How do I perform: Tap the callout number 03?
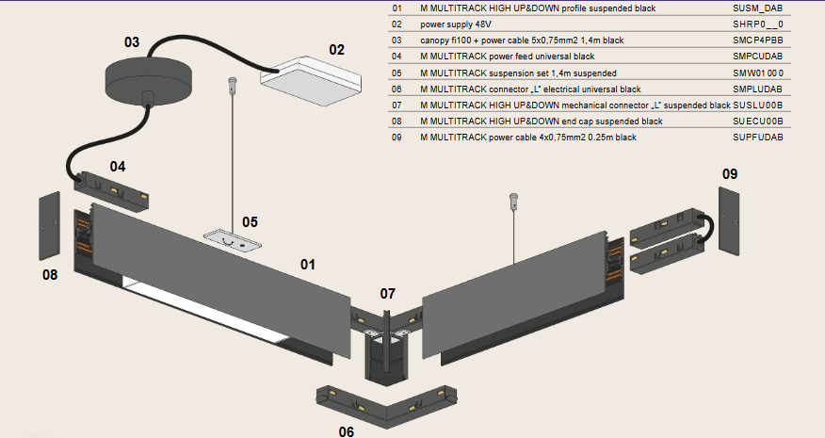(132, 41)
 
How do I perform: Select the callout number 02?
(336, 49)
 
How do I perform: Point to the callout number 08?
(50, 275)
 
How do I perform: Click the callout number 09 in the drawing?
(730, 173)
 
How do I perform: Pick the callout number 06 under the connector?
(347, 430)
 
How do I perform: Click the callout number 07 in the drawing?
(388, 293)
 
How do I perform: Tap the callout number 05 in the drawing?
(250, 222)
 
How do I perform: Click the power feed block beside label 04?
(113, 189)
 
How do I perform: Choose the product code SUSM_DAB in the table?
(757, 8)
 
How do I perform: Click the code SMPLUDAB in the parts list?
(757, 89)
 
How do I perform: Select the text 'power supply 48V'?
(456, 24)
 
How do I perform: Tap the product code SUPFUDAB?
(757, 138)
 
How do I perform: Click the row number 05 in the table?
(396, 73)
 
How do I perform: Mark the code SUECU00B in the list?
(757, 122)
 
